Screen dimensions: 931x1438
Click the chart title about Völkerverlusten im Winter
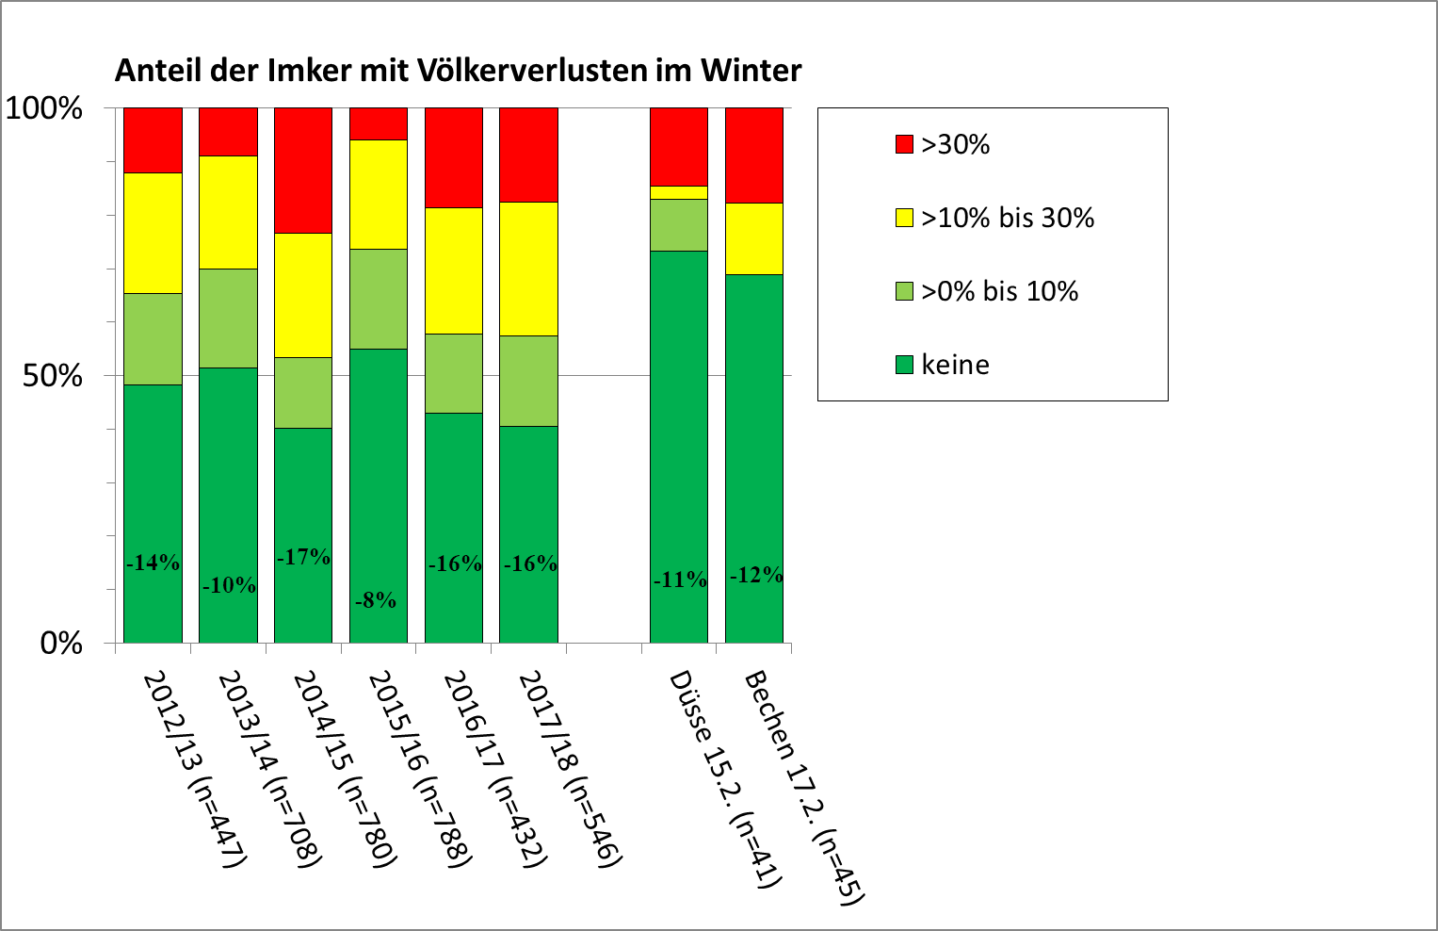(x=458, y=71)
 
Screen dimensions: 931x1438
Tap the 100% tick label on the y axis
(x=44, y=108)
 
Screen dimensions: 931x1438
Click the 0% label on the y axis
(x=61, y=644)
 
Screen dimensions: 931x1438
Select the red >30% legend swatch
(x=904, y=144)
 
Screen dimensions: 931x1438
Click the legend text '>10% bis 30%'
(x=1008, y=218)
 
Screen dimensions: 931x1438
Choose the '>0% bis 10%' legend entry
(x=999, y=291)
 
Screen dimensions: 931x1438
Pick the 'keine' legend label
(x=955, y=365)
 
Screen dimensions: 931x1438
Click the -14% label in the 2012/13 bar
(x=153, y=563)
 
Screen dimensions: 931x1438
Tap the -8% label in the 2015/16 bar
(x=376, y=600)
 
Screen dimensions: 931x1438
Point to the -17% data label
(x=303, y=557)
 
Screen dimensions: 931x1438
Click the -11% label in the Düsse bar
(x=680, y=580)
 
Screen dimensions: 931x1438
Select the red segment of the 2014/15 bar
(x=303, y=170)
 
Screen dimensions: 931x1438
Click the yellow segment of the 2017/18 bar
(x=528, y=269)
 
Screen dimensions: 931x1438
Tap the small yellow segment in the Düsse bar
(x=679, y=192)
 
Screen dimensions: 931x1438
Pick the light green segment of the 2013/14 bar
(x=228, y=318)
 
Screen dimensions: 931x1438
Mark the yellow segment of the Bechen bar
(x=754, y=238)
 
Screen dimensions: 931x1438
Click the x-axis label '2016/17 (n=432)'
(x=494, y=768)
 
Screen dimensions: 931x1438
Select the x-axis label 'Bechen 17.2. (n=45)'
(x=803, y=788)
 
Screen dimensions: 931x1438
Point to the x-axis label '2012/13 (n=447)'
(x=194, y=768)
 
